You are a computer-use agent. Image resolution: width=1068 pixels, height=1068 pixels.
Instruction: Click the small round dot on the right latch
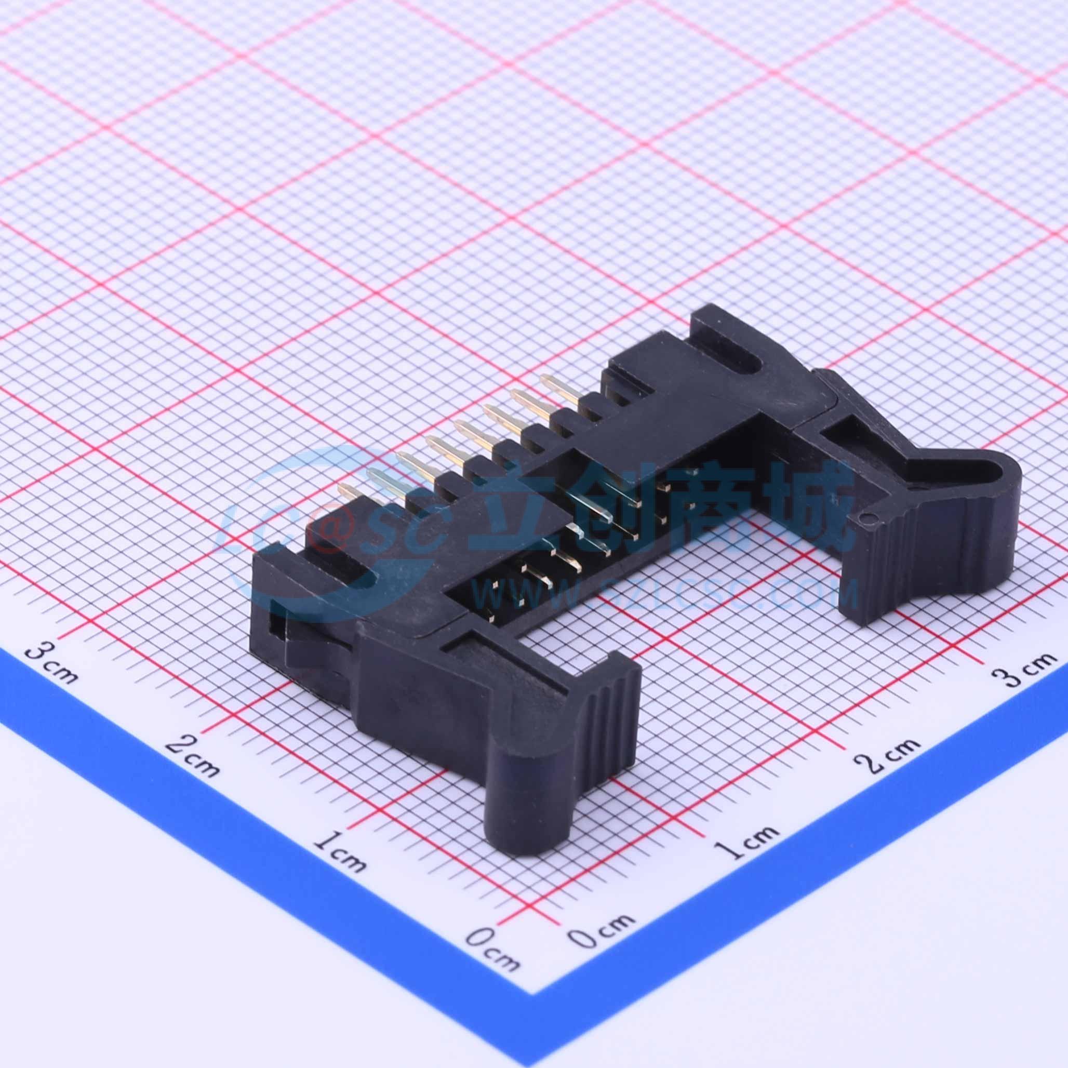coord(867,518)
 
